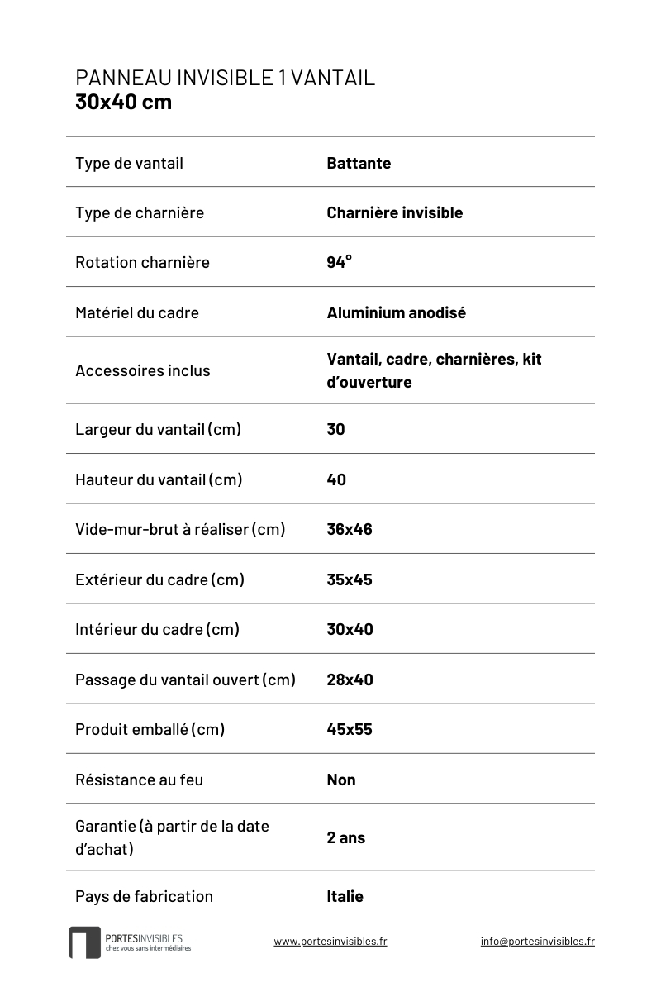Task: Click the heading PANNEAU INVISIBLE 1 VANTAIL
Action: [x=225, y=78]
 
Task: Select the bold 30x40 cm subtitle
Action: [x=123, y=103]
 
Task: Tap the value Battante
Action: [x=359, y=163]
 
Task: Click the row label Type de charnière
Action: [x=139, y=212]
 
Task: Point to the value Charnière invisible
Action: [x=394, y=212]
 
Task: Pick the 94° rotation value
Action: [x=339, y=262]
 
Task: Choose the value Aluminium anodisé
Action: [x=396, y=312]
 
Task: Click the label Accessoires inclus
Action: [x=142, y=370]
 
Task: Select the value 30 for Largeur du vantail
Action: [x=335, y=429]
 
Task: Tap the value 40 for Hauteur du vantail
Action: [x=336, y=479]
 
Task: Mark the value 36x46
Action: [x=350, y=529]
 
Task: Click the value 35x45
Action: [x=350, y=579]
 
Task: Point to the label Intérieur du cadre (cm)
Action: [x=157, y=629]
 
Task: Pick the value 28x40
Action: [x=350, y=680]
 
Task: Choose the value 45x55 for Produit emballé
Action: [x=350, y=729]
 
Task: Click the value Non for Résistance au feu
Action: [x=341, y=780]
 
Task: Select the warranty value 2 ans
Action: [x=345, y=837]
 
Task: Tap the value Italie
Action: [x=345, y=896]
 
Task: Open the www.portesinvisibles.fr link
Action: [x=330, y=941]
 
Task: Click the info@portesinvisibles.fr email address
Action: [x=537, y=941]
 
